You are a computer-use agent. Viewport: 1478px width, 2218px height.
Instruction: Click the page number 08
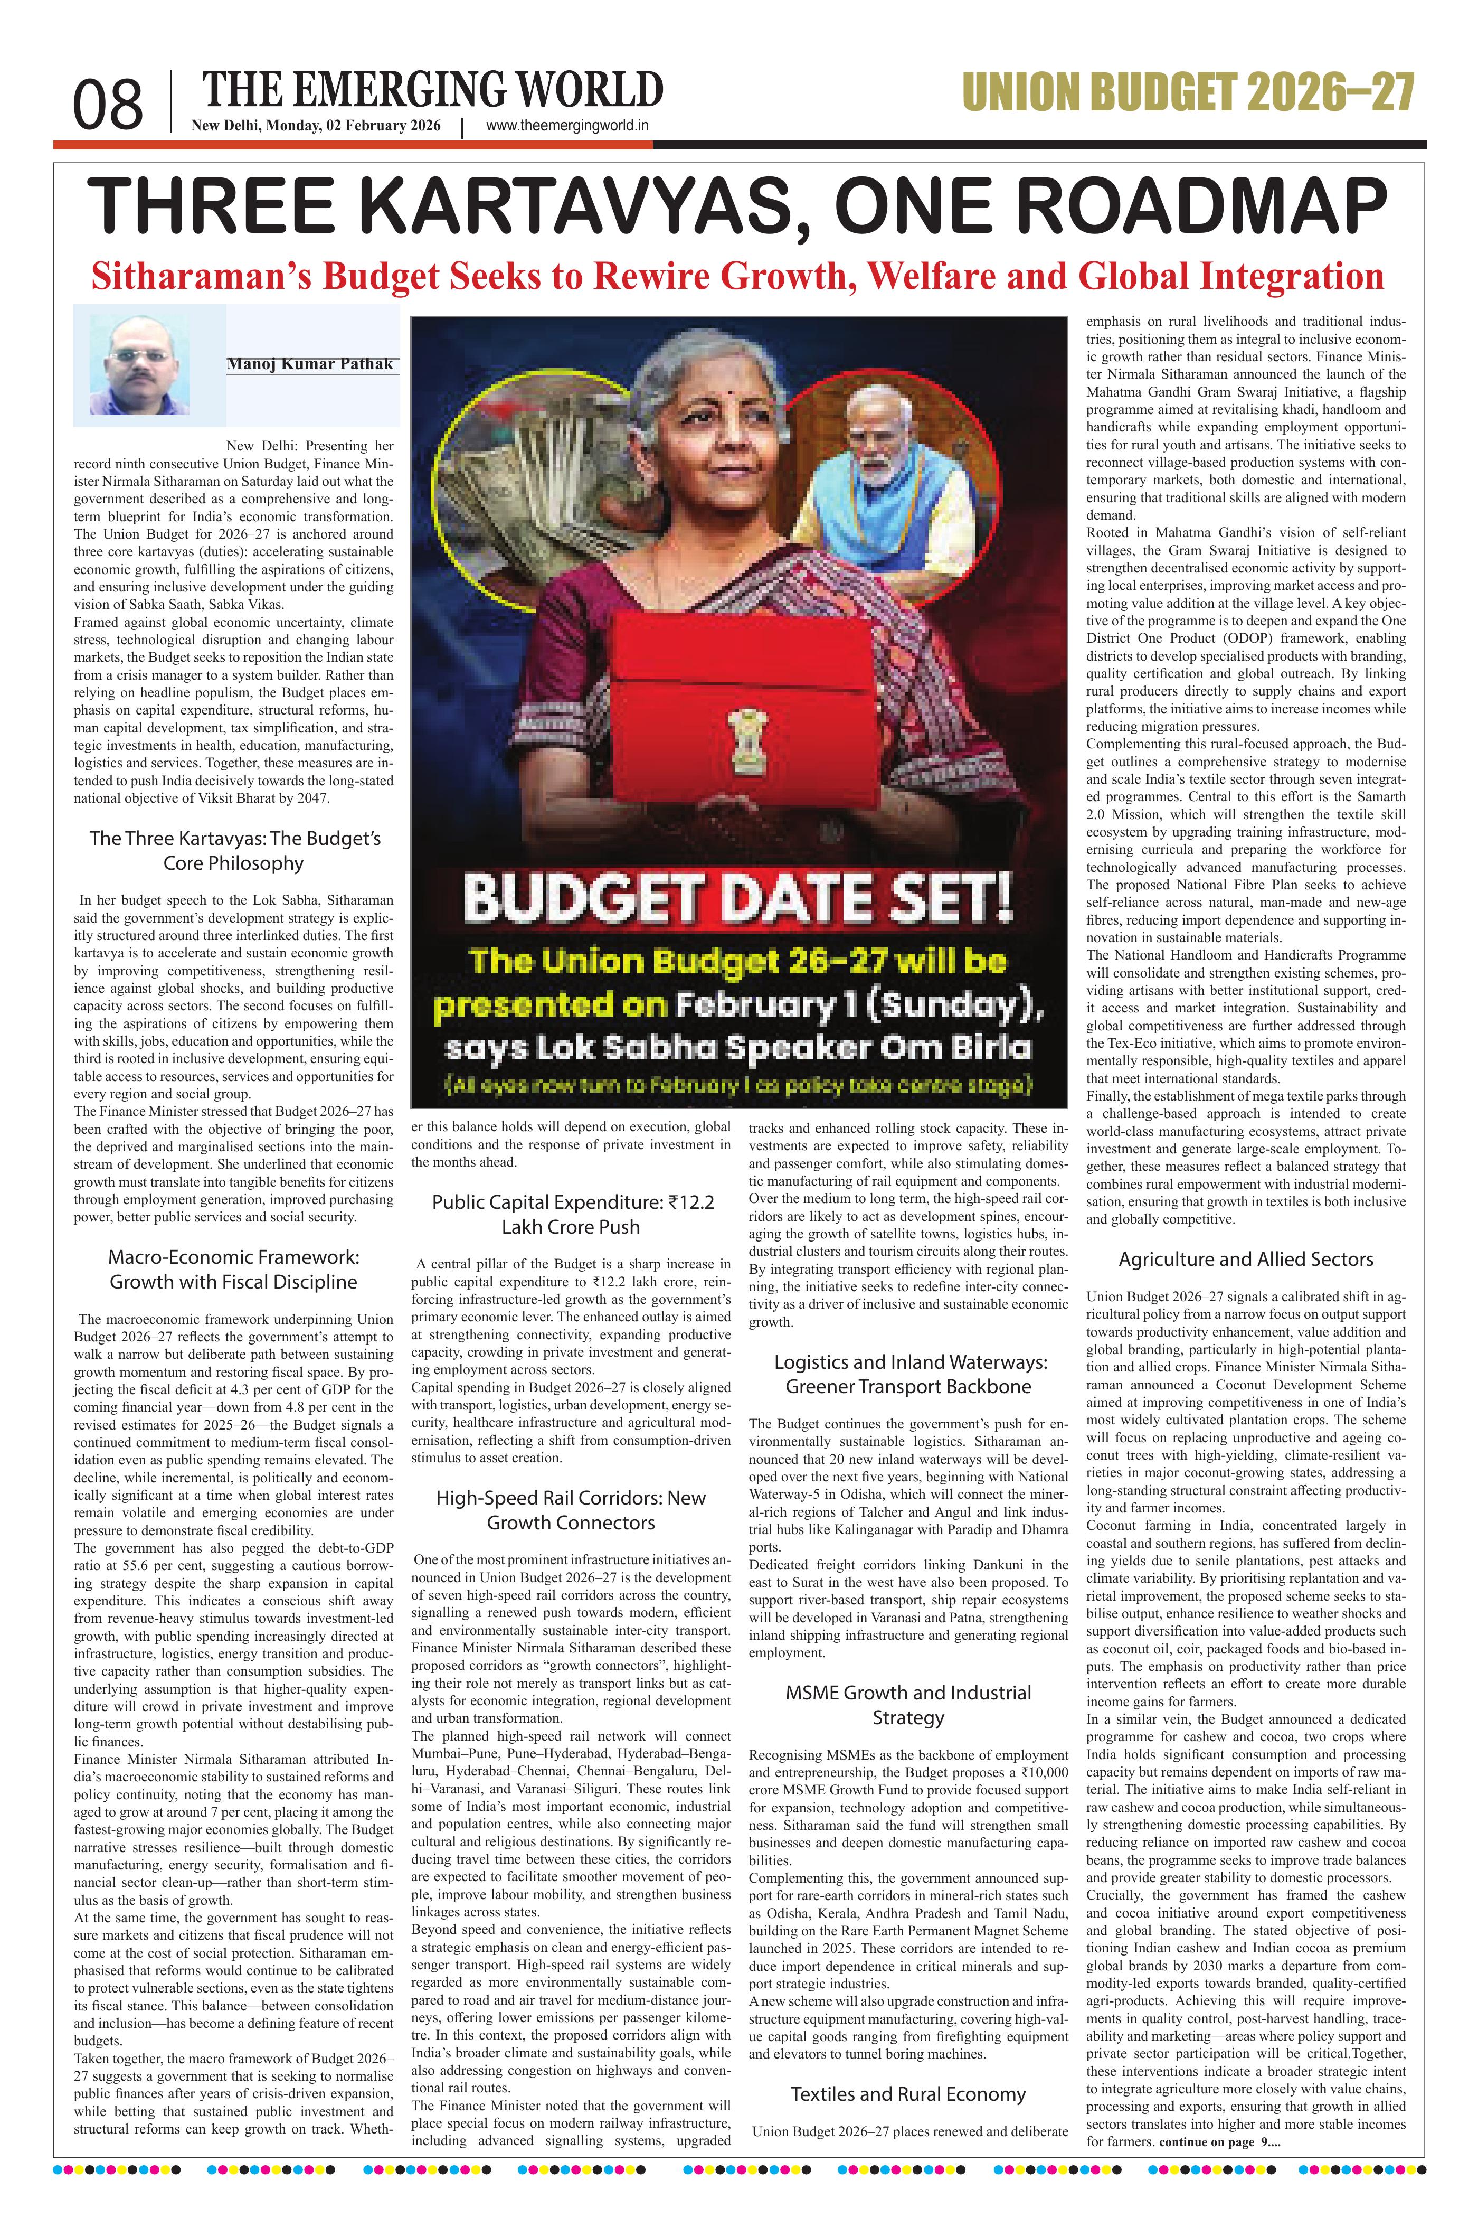[x=108, y=105]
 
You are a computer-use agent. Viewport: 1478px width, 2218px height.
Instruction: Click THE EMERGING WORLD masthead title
[x=433, y=90]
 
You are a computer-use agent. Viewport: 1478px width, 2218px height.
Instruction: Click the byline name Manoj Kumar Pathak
[x=310, y=364]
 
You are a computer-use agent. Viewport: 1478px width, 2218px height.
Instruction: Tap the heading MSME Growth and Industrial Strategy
[x=908, y=1705]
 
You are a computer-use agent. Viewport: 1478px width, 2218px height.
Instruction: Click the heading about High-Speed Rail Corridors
[x=570, y=1510]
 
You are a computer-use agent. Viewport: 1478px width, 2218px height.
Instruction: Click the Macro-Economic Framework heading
[x=234, y=1270]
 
